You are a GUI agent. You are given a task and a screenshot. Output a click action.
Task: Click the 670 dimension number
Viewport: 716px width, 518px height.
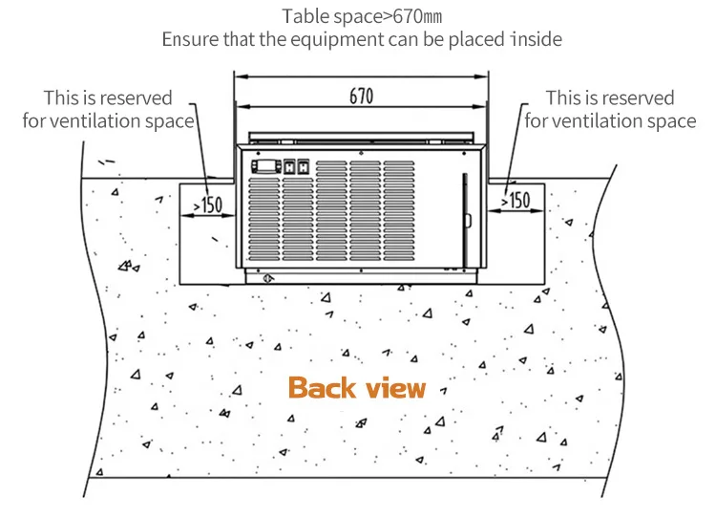pos(361,97)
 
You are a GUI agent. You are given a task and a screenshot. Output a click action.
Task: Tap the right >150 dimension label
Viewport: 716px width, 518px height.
pos(515,201)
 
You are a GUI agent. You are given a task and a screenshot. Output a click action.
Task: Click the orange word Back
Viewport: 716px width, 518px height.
pos(322,388)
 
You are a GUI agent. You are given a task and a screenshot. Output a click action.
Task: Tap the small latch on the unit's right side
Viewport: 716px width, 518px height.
pos(467,221)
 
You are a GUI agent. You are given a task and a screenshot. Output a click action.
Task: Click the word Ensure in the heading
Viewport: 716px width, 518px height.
pos(188,40)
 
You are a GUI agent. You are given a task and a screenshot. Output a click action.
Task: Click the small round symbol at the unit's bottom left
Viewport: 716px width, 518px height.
pos(269,278)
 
